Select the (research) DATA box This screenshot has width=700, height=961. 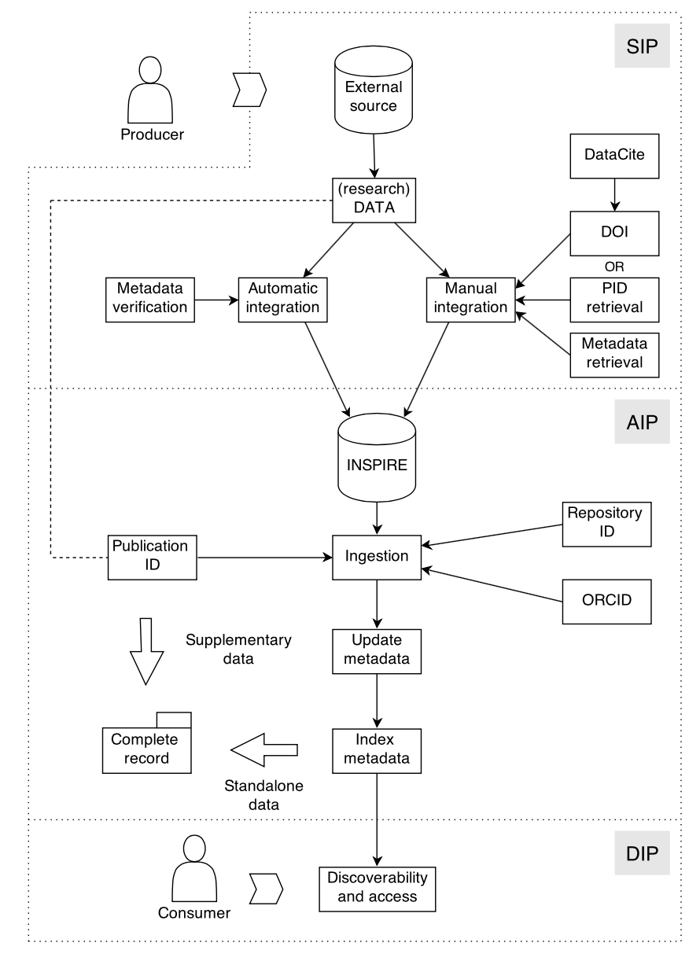point(373,200)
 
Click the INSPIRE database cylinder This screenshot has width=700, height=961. point(376,458)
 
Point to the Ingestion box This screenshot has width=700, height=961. point(378,557)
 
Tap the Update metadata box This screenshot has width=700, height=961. point(378,650)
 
